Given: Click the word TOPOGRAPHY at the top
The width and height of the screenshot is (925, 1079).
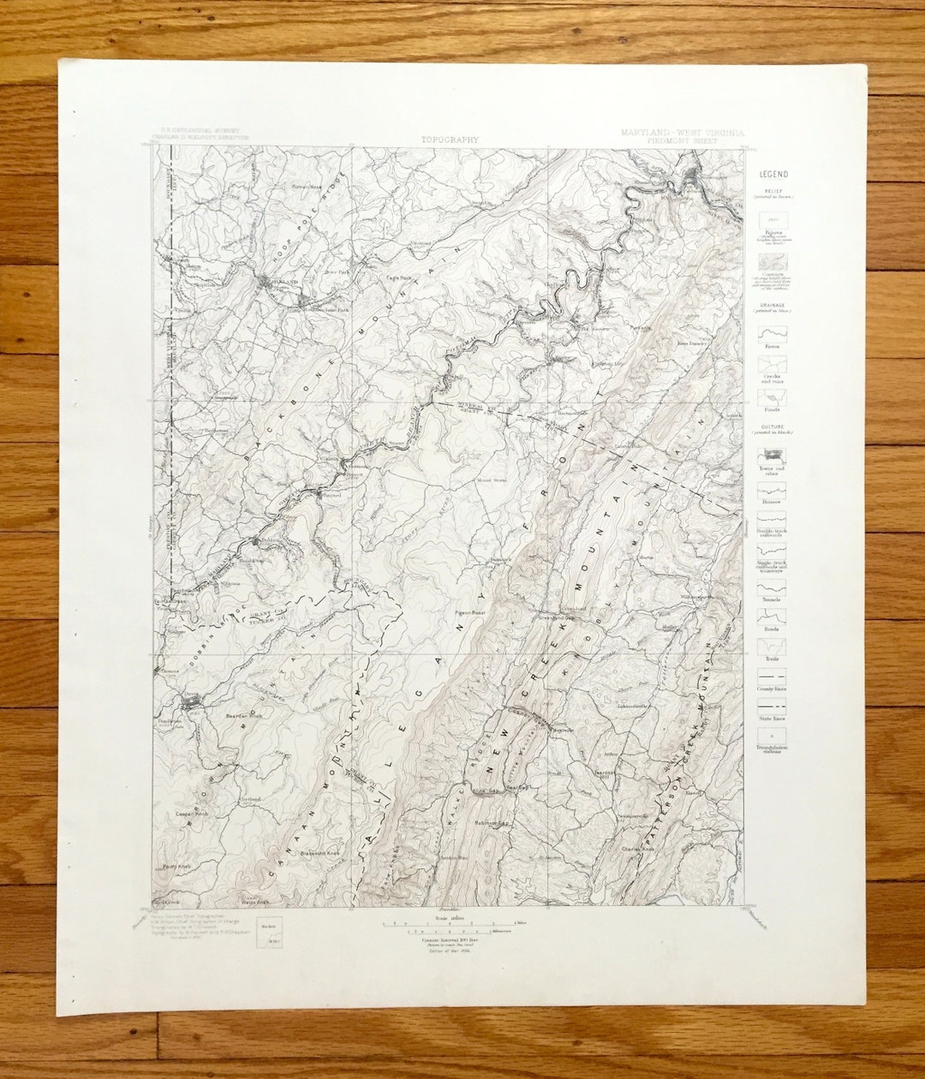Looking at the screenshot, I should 451,139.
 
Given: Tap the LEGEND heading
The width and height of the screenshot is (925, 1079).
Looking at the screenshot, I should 773,174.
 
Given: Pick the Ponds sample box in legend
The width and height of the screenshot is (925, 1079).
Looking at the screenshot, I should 773,398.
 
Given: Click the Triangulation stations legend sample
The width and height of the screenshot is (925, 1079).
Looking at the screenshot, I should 773,736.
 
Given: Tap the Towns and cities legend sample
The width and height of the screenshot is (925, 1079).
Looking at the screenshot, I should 773,456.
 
